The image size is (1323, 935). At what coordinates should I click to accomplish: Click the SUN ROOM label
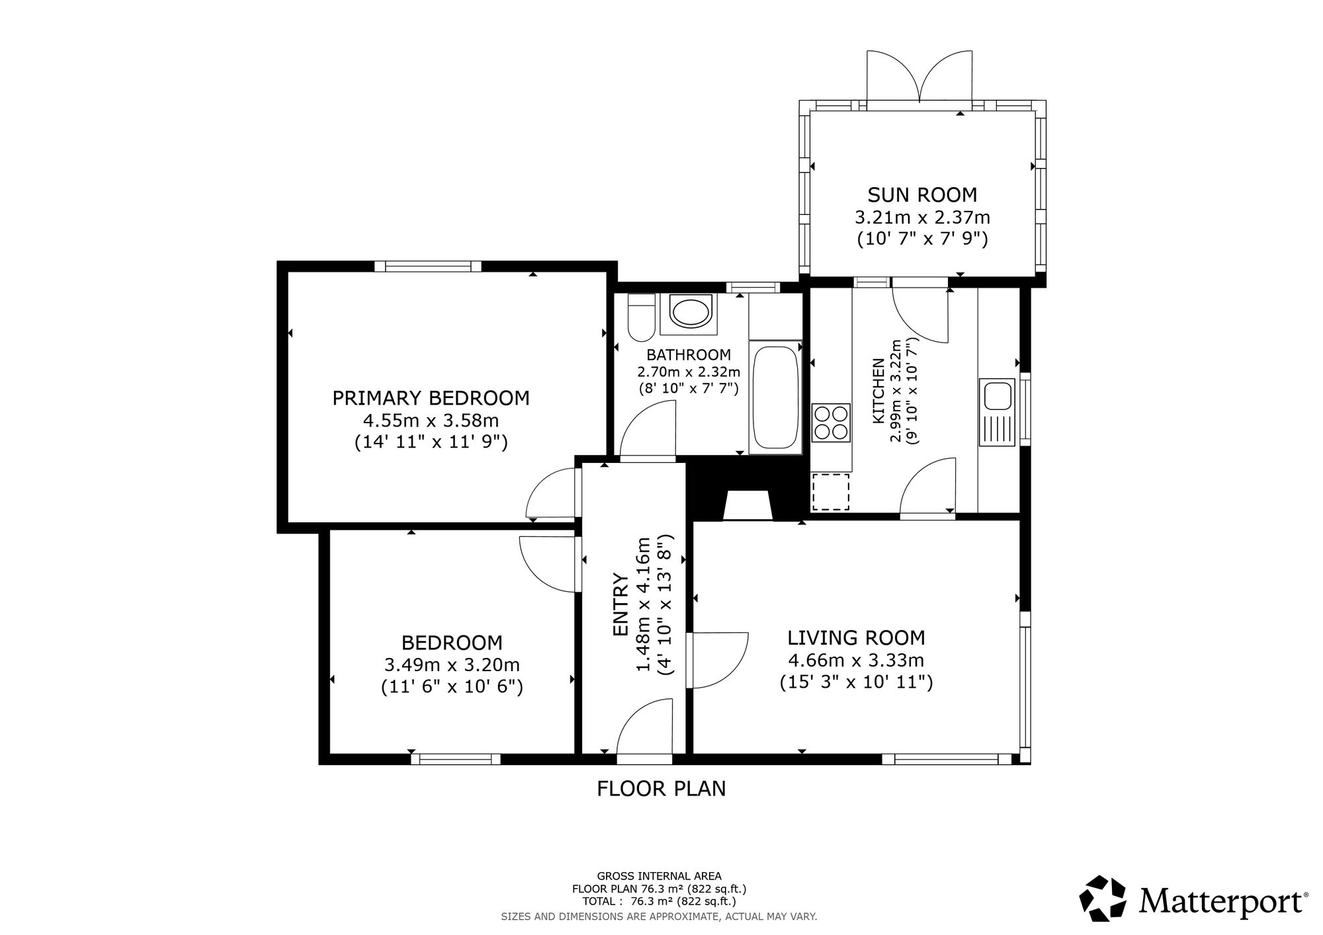pyautogui.click(x=922, y=195)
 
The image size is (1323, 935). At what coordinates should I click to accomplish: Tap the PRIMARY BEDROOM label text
pyautogui.click(x=431, y=398)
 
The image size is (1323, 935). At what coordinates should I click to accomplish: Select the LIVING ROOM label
pyautogui.click(x=856, y=637)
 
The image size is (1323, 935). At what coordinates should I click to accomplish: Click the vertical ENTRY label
pyautogui.click(x=620, y=604)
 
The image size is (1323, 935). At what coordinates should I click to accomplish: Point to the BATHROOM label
pyautogui.click(x=689, y=355)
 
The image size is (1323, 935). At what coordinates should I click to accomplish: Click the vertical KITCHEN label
pyautogui.click(x=878, y=391)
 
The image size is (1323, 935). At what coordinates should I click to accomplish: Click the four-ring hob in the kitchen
pyautogui.click(x=832, y=422)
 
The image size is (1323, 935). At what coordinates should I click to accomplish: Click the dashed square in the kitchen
pyautogui.click(x=831, y=492)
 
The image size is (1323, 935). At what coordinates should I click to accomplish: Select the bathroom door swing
pyautogui.click(x=646, y=430)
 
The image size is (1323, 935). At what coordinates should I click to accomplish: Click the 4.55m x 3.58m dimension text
pyautogui.click(x=431, y=420)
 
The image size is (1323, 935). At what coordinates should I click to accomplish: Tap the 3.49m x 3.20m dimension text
pyautogui.click(x=452, y=665)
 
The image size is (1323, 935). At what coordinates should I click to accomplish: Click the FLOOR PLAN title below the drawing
pyautogui.click(x=661, y=789)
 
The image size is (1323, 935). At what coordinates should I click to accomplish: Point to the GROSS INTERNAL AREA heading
pyautogui.click(x=660, y=876)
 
